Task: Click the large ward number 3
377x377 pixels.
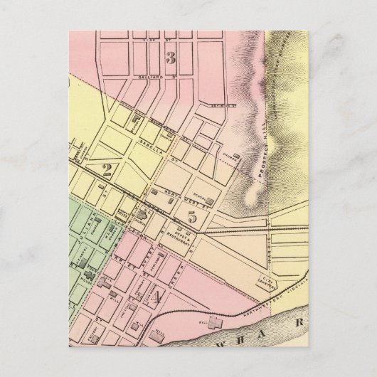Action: coord(170,57)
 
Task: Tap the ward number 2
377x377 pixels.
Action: coord(108,169)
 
